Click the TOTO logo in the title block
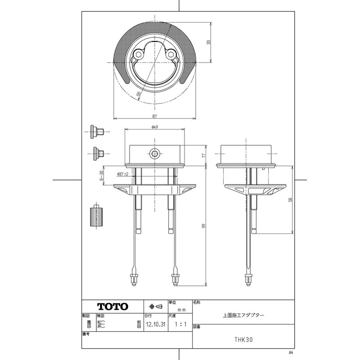pyautogui.click(x=113, y=306)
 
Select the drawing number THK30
pyautogui.click(x=244, y=340)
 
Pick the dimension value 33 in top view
pyautogui.click(x=208, y=42)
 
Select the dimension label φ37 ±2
pyautogui.click(x=122, y=174)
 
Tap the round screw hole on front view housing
pyautogui.click(x=154, y=154)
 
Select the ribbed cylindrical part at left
pyautogui.click(x=97, y=216)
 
